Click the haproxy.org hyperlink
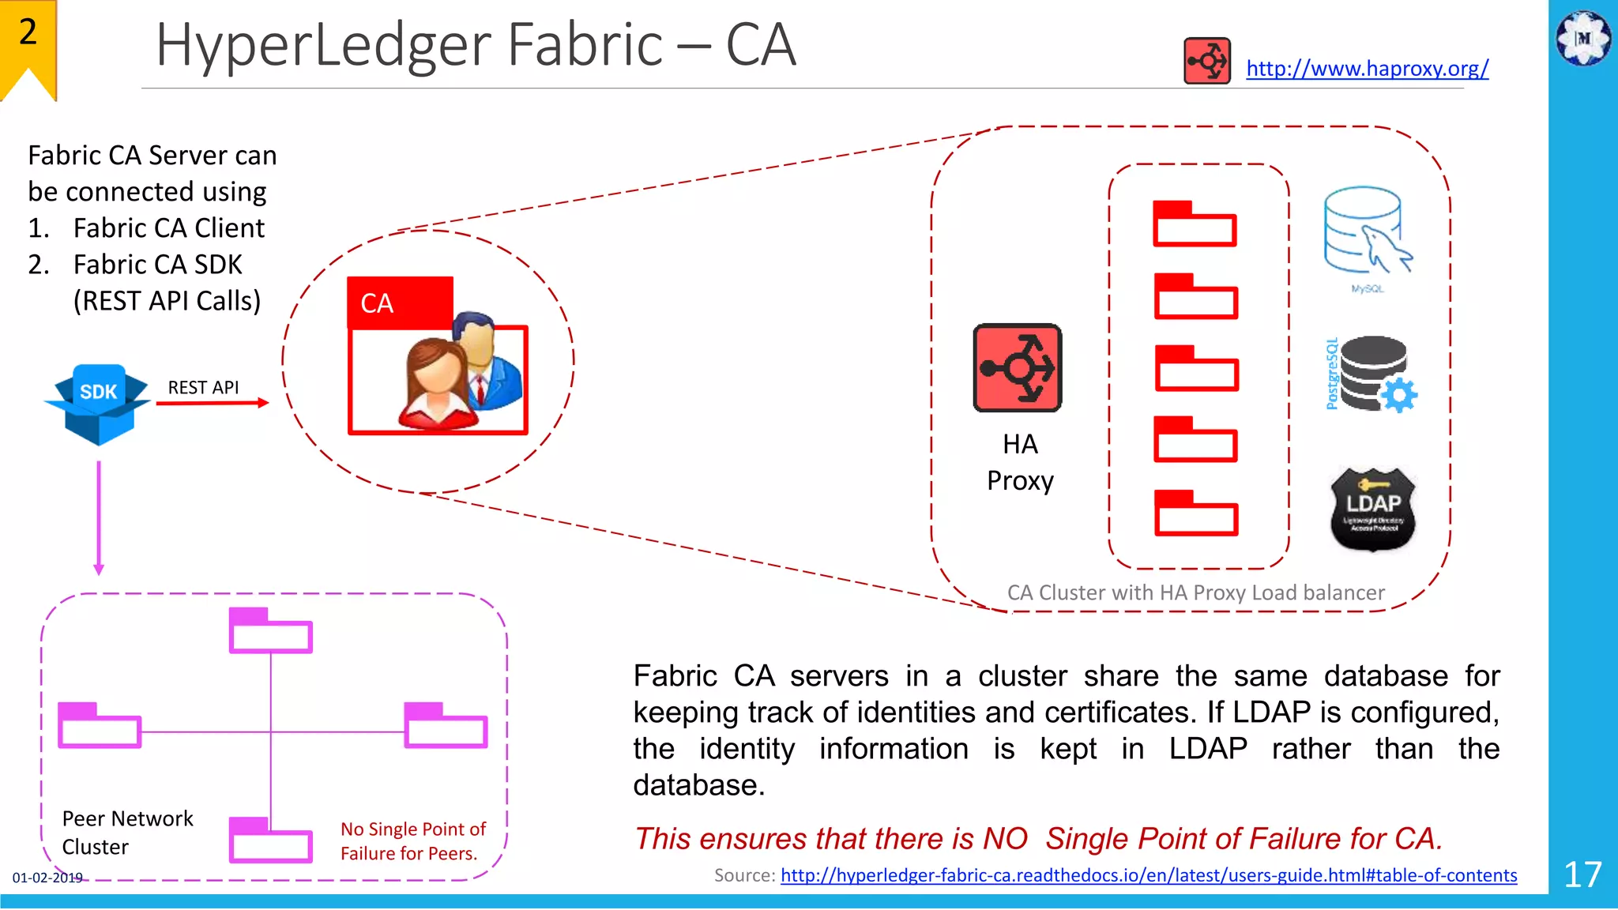(1367, 69)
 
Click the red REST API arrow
(212, 403)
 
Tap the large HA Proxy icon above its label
(1017, 368)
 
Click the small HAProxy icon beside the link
(1206, 61)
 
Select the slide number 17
(1582, 874)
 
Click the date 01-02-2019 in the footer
(47, 878)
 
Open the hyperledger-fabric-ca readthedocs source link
(1148, 875)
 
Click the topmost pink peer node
(270, 630)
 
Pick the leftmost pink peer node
(100, 725)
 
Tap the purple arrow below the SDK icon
(99, 517)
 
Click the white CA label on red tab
(377, 303)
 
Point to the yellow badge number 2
(28, 32)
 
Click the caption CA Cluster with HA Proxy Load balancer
(1195, 592)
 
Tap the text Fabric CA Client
(168, 228)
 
